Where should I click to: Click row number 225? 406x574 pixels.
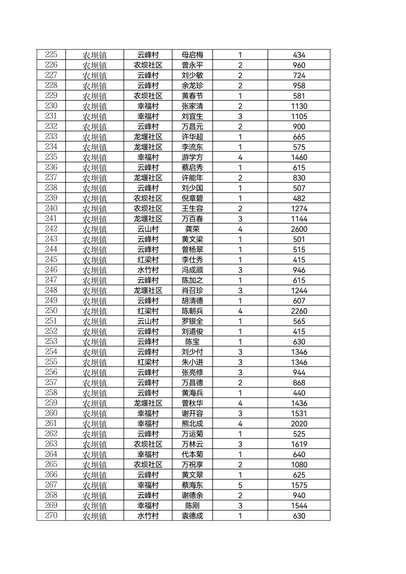tap(51, 55)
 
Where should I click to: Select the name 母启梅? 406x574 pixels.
tap(192, 55)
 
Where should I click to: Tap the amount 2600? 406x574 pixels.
tap(299, 229)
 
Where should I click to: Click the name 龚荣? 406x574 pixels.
tap(192, 229)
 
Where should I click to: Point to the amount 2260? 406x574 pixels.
tap(299, 311)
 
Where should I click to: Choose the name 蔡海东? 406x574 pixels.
tap(192, 485)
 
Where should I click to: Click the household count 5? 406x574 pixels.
tap(240, 485)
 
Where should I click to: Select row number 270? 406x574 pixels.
tap(51, 516)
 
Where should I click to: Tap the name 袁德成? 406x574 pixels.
tap(192, 516)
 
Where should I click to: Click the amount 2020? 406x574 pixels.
tap(299, 424)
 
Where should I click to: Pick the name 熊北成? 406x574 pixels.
tap(192, 424)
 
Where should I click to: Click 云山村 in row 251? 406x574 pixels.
tap(148, 321)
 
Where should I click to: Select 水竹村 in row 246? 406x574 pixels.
tap(148, 270)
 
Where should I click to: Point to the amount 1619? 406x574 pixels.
tap(299, 444)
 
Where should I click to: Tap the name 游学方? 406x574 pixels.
tap(192, 158)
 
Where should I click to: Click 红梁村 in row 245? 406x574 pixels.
tap(148, 260)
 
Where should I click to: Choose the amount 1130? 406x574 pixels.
tap(299, 106)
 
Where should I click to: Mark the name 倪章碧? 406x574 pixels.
tap(192, 199)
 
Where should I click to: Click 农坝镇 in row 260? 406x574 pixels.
tap(95, 414)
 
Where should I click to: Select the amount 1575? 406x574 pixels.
tap(299, 485)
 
